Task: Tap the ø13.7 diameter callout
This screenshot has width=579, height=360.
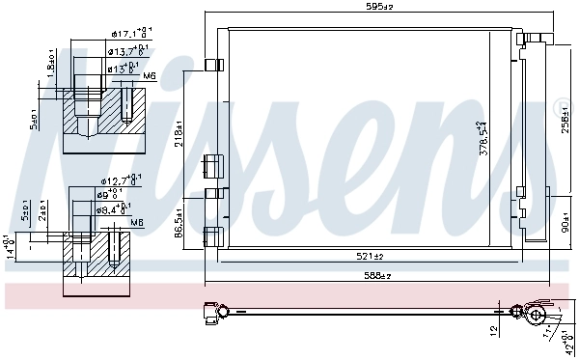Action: (126, 51)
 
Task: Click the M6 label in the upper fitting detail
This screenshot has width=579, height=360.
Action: (148, 75)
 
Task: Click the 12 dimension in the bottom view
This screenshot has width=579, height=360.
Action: (494, 330)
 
